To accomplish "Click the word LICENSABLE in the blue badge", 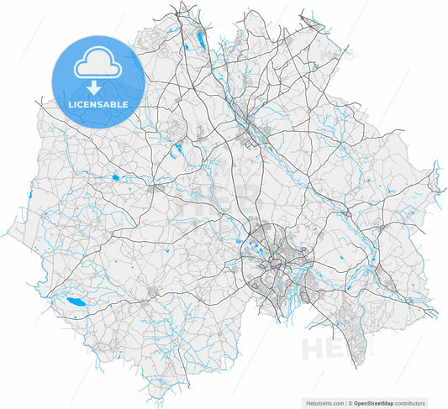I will point(98,103).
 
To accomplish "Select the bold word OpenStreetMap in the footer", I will point(376,402).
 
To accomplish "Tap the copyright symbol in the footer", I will point(350,402).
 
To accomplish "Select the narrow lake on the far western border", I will point(29,195).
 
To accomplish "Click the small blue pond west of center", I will point(114,177).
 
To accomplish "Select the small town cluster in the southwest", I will point(154,293).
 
